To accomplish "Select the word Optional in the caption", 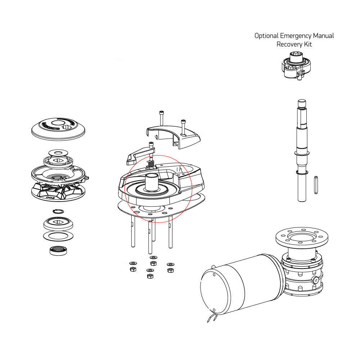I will coord(266,36).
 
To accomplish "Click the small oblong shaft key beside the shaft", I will coord(316,184).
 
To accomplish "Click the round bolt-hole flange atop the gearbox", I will coord(302,238).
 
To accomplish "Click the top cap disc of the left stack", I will coord(58,128).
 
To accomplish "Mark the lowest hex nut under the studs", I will coord(150,276).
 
